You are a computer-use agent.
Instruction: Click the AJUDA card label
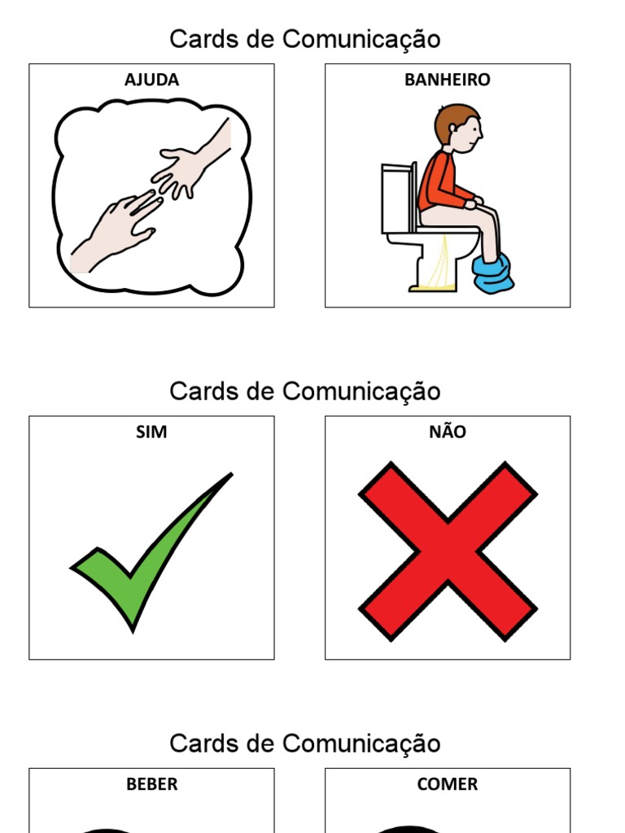point(151,80)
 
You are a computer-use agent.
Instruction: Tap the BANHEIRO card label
point(448,80)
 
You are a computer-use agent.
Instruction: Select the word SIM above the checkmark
point(151,432)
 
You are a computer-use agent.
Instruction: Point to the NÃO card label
point(448,432)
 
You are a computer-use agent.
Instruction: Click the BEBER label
point(151,784)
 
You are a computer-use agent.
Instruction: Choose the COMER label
point(448,784)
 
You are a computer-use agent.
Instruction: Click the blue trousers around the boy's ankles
point(493,273)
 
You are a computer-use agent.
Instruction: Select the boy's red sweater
point(439,183)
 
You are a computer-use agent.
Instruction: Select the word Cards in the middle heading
point(200,391)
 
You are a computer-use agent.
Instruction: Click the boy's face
point(468,134)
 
